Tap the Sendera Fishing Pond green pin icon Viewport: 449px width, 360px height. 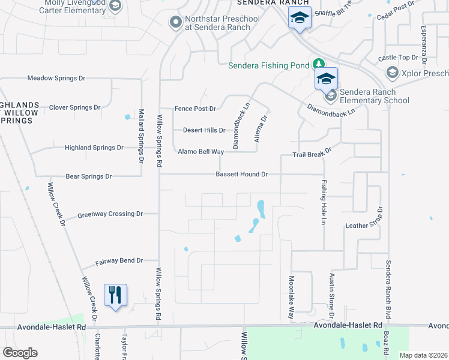click(318, 65)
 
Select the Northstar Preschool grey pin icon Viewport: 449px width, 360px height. click(176, 23)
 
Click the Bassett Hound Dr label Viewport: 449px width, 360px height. click(242, 175)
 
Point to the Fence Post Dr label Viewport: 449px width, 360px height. click(194, 109)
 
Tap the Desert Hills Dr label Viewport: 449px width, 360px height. click(204, 130)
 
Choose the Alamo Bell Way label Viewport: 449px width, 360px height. click(200, 152)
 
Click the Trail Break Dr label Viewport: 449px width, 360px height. click(312, 154)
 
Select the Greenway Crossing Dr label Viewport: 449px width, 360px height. click(110, 214)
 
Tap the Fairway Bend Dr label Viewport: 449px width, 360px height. click(119, 261)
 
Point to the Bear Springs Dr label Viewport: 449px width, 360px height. click(89, 176)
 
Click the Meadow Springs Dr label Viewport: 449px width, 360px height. click(57, 79)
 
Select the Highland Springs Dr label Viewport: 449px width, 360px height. click(94, 148)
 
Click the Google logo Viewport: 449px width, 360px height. click(20, 353)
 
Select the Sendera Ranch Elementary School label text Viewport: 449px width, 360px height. click(375, 96)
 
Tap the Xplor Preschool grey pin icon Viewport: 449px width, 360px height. click(393, 73)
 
